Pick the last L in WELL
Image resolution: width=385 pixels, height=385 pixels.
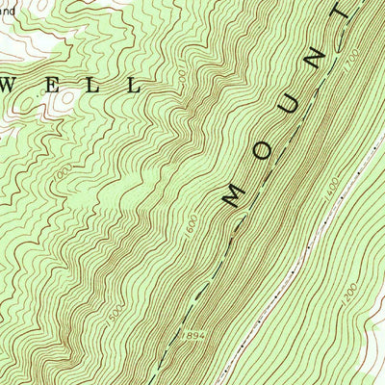tap(132, 86)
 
